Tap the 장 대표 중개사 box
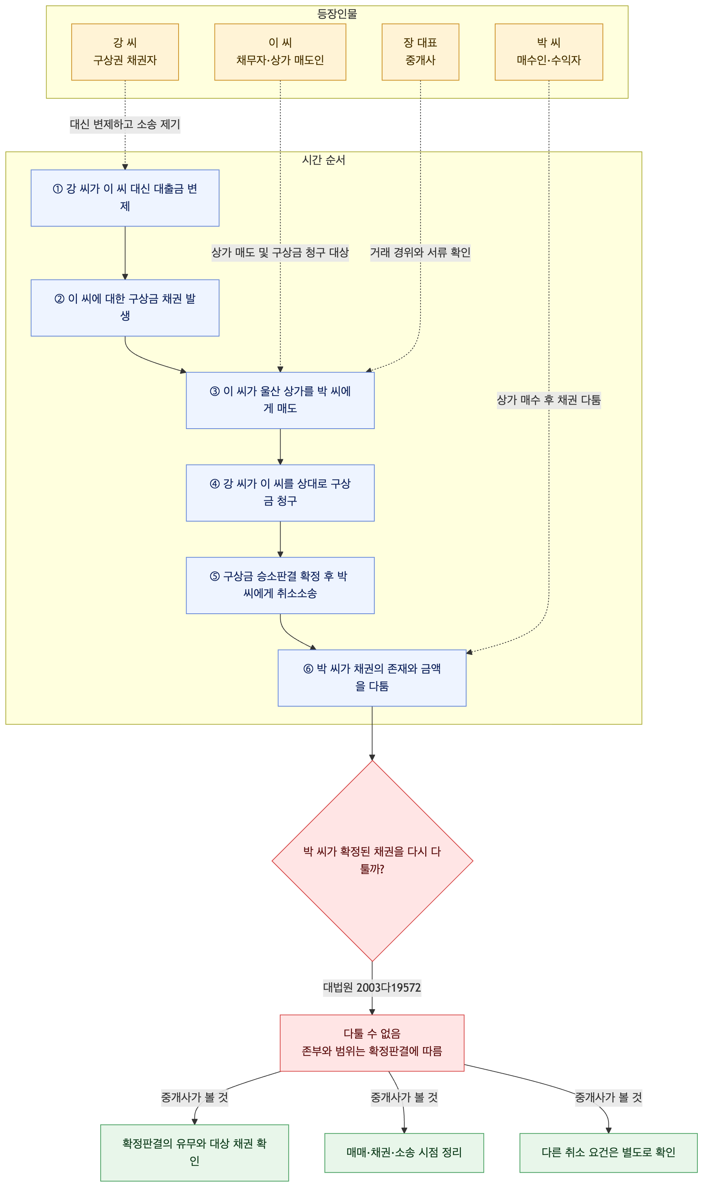pos(420,52)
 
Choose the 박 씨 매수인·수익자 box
pos(549,52)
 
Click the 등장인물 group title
pos(337,14)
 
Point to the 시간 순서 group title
pos(324,160)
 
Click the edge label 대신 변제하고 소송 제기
pos(125,125)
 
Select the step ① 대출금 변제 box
pos(125,198)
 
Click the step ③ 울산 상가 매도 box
pos(281,401)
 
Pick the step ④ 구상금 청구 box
pos(281,493)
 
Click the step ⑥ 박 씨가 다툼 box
pos(372,678)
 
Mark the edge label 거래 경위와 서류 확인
pos(420,253)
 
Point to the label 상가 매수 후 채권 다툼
pos(549,400)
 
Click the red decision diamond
pos(372,861)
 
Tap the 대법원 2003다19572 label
pos(372,988)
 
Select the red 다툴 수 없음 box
pos(372,1043)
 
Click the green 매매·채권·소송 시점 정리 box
pos(404,1153)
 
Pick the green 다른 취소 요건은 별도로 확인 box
pos(609,1153)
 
